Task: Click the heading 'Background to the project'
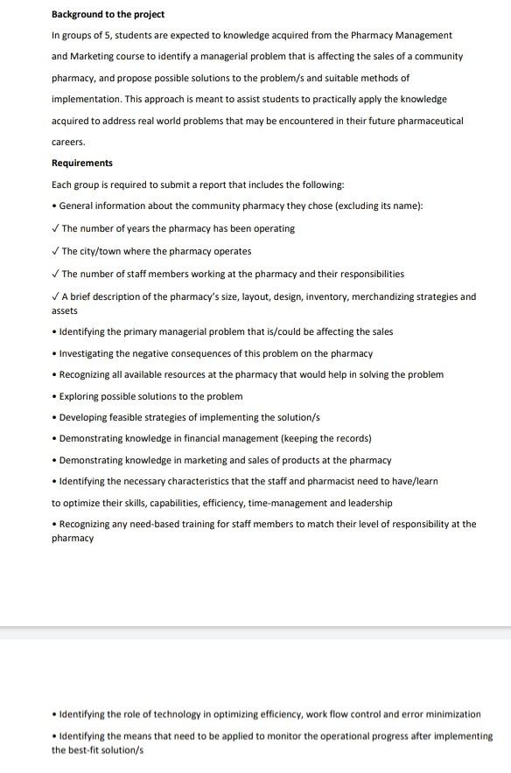[x=108, y=14]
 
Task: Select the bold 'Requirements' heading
[x=82, y=163]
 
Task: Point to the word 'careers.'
[x=68, y=141]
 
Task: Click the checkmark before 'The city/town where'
[x=55, y=251]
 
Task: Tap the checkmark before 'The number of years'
[x=55, y=228]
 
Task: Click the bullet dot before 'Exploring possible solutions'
[x=54, y=396]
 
